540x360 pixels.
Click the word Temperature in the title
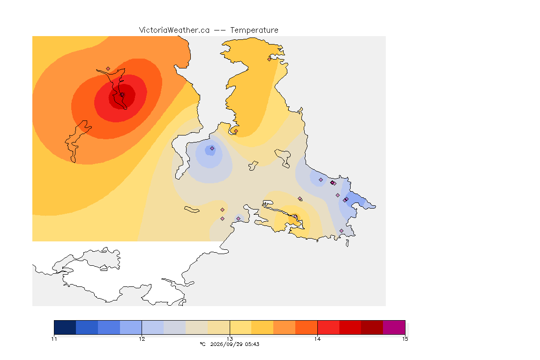pos(254,30)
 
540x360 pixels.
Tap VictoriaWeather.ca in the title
pos(174,30)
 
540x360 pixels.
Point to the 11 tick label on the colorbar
pos(54,339)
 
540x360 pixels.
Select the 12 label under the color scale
pos(142,339)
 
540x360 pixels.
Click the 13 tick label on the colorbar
pos(230,339)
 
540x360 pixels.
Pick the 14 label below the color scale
pos(317,339)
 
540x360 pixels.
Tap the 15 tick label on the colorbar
pos(405,339)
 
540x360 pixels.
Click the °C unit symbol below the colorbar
pos(203,344)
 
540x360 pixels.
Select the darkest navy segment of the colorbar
pos(65,327)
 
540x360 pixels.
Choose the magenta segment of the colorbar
pos(394,327)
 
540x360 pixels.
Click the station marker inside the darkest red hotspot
pos(122,94)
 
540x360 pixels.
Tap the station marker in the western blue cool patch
pos(212,149)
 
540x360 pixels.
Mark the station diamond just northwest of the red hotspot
pos(108,69)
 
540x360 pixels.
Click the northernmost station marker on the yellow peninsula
pos(270,59)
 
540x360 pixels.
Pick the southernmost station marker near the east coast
pos(341,231)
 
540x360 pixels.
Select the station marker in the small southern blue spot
pos(238,219)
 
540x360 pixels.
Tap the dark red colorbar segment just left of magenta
pos(372,327)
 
